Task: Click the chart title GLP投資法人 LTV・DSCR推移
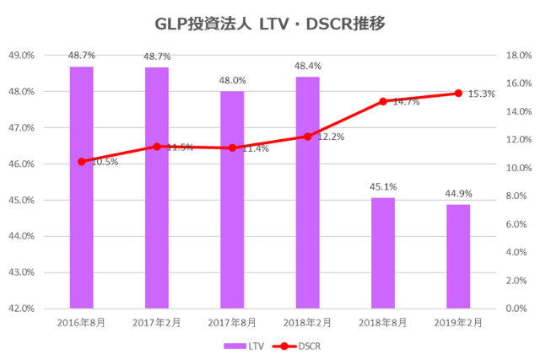270,24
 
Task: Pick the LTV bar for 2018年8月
383,253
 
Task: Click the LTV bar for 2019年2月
458,256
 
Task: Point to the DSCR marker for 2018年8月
383,101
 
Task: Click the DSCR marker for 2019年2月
458,93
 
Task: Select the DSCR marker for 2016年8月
81,161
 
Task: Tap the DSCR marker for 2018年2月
307,137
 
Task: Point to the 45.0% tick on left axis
21,200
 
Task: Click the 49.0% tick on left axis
21,55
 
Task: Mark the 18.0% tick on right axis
516,55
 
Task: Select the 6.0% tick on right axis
514,224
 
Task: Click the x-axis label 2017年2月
157,323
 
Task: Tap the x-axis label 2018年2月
307,323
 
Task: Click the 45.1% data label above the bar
383,187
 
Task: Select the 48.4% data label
307,66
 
